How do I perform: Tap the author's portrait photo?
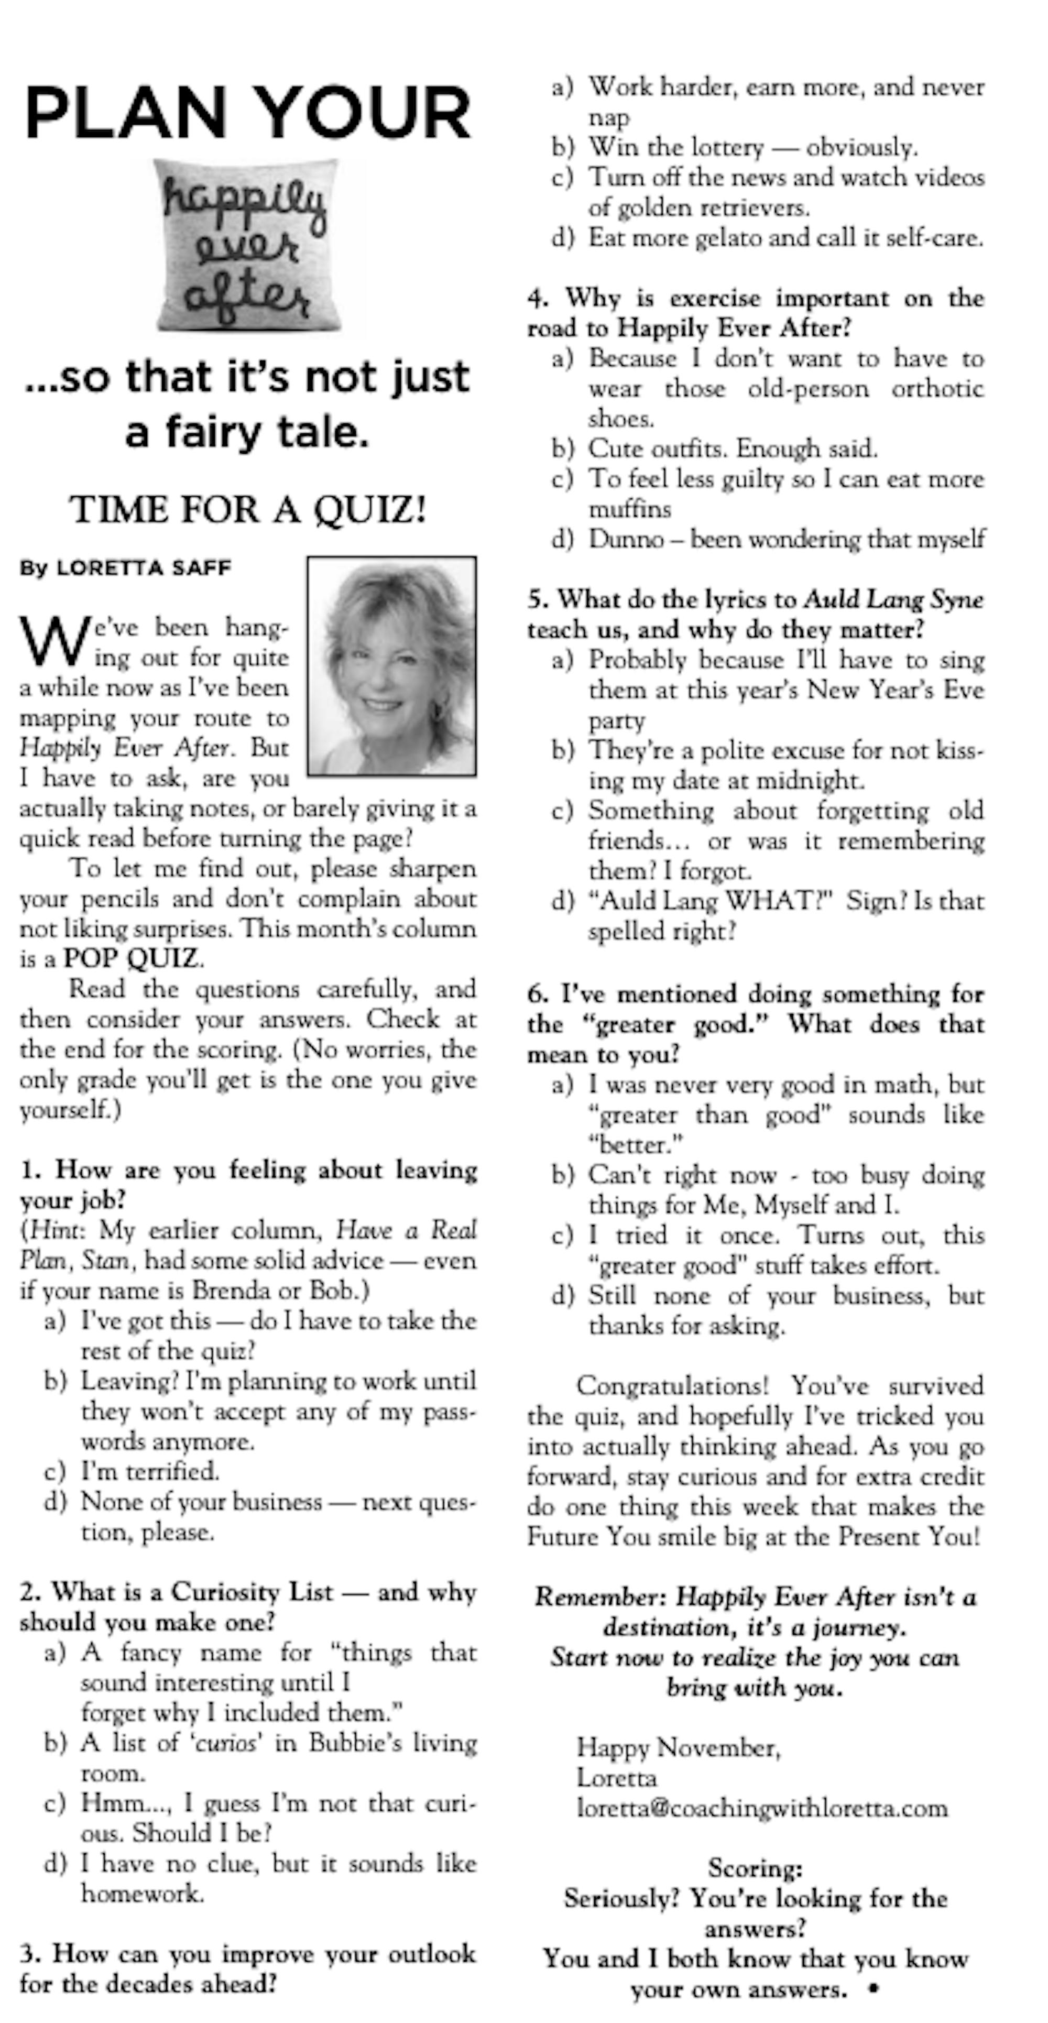pyautogui.click(x=391, y=666)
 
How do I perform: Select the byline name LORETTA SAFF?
pyautogui.click(x=144, y=568)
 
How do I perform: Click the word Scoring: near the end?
pyautogui.click(x=754, y=1867)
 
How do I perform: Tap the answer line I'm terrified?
pyautogui.click(x=150, y=1471)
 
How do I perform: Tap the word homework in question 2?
pyautogui.click(x=142, y=1894)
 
